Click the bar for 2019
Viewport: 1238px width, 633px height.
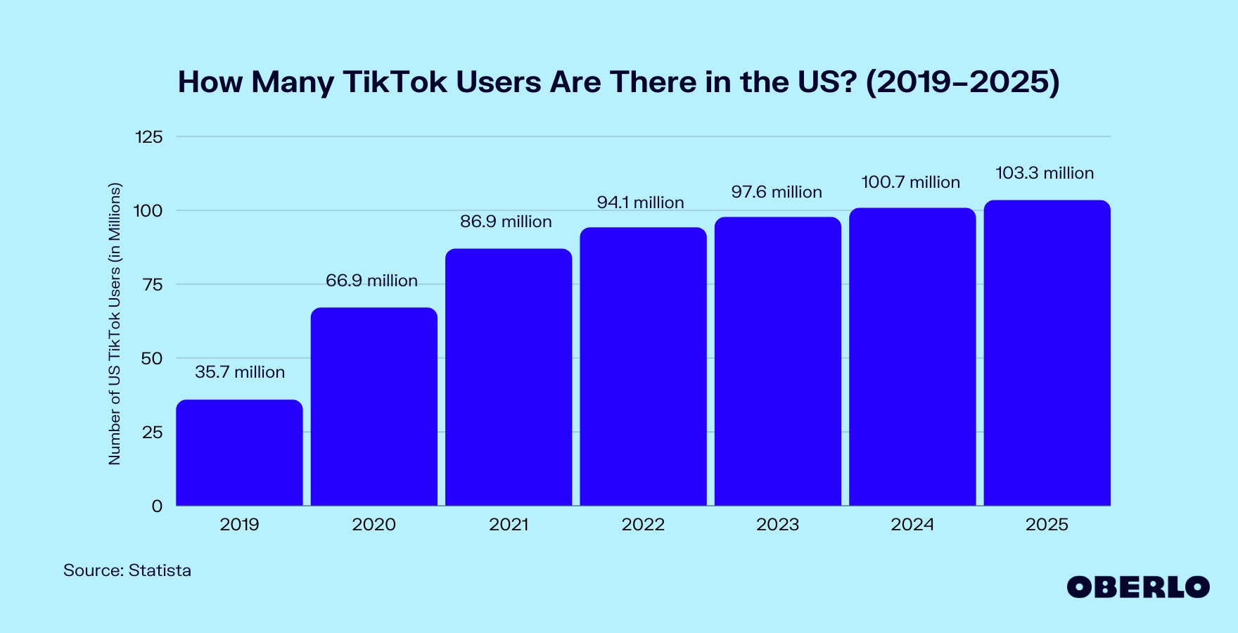point(239,453)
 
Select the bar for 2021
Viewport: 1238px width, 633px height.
point(509,377)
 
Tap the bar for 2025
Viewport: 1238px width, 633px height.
point(1047,353)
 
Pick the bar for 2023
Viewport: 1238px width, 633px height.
point(777,362)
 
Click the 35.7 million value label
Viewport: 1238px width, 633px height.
point(240,372)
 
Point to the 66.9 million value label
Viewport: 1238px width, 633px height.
point(371,281)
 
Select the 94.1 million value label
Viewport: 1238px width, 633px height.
point(640,203)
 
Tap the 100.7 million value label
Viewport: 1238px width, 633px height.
point(910,182)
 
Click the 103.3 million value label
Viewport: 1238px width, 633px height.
point(1045,173)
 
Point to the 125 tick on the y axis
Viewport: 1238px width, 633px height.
point(148,137)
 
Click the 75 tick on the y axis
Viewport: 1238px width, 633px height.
point(152,285)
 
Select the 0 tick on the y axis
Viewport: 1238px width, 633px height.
point(157,506)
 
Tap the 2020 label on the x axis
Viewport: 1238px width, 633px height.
point(374,525)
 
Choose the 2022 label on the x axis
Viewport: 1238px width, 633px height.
point(643,525)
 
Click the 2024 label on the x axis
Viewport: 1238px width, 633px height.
point(912,525)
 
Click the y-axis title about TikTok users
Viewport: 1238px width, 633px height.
point(115,324)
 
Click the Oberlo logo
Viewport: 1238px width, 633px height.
point(1137,587)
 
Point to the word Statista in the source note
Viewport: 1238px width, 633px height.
point(160,570)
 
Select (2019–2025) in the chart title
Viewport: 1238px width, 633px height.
point(962,82)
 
